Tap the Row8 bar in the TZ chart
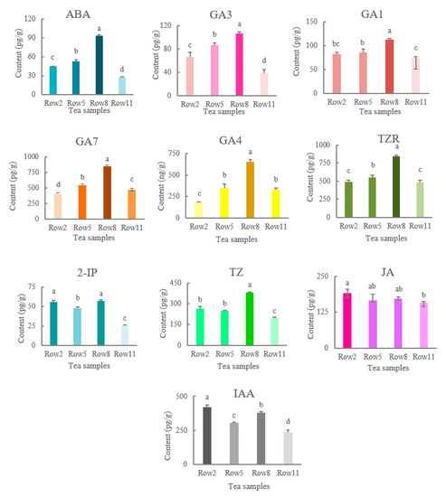point(249,321)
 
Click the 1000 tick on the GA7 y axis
point(28,157)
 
